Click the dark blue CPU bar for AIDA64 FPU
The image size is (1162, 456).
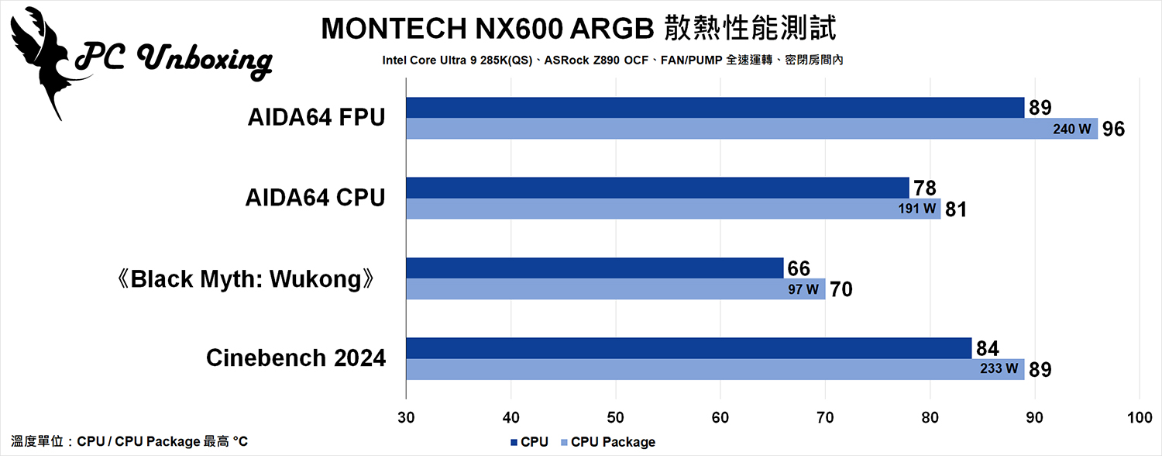[x=713, y=108]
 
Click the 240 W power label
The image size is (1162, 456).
[x=1072, y=130]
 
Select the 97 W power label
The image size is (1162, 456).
[x=804, y=290]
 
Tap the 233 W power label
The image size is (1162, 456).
[x=999, y=370]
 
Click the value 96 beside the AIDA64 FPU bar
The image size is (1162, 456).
[x=1113, y=130]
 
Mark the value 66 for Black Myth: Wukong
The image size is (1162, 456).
[x=799, y=269]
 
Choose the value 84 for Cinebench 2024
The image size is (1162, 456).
[x=986, y=349]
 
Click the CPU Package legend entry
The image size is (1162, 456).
[x=612, y=442]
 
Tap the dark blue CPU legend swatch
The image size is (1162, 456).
[x=514, y=442]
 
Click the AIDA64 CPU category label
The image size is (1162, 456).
[x=316, y=199]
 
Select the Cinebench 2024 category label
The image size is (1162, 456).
[x=296, y=359]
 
